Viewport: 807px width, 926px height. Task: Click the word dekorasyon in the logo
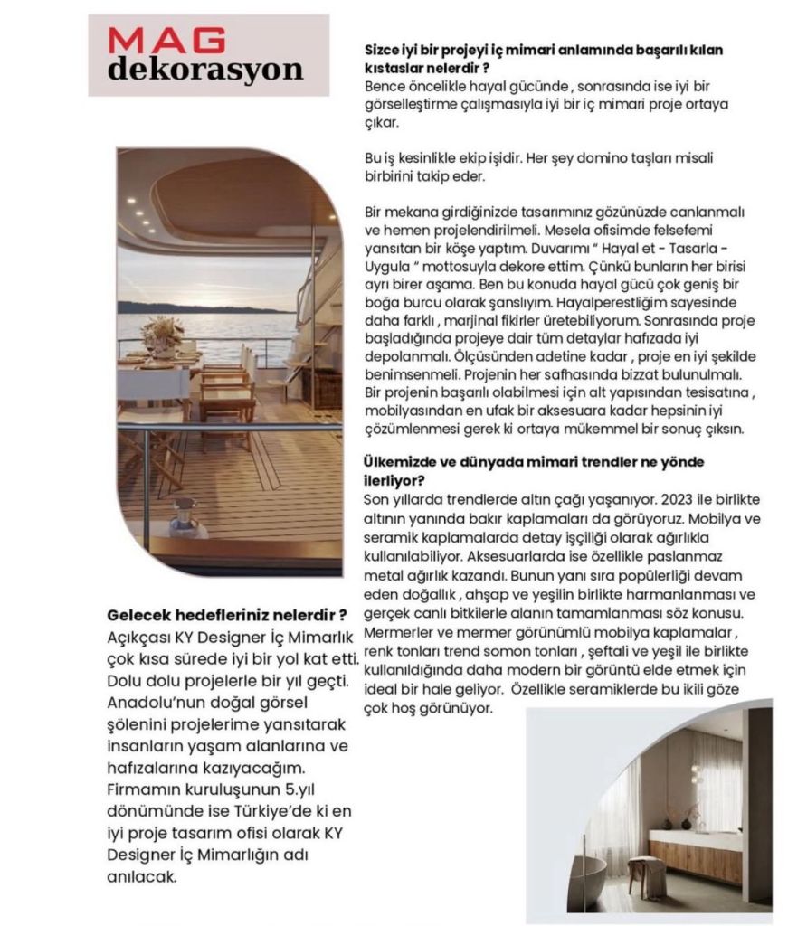(205, 69)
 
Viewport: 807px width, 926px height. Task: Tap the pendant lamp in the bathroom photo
(695, 773)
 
